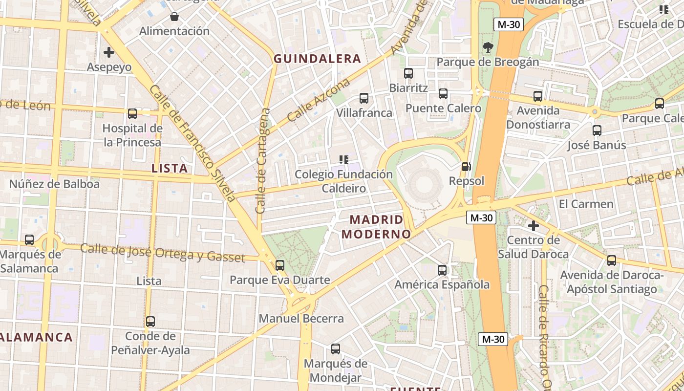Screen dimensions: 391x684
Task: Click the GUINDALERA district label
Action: [x=317, y=59]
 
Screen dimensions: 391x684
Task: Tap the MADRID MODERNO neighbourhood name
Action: [x=376, y=227]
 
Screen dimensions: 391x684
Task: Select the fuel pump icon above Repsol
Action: [x=467, y=167]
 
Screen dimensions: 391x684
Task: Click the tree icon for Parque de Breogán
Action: [x=488, y=47]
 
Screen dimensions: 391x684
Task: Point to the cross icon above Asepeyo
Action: [x=109, y=52]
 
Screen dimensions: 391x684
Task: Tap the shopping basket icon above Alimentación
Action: [x=174, y=17]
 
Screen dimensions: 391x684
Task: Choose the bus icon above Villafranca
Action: [x=364, y=98]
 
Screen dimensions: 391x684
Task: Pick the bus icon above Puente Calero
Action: [x=443, y=94]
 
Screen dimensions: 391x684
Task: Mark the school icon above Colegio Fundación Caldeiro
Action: [x=344, y=159]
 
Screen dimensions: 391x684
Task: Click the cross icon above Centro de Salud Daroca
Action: [x=534, y=226]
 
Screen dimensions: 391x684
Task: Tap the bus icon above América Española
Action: [x=442, y=270]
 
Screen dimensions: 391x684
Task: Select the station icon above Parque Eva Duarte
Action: [x=280, y=265]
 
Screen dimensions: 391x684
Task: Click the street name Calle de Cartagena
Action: [x=263, y=161]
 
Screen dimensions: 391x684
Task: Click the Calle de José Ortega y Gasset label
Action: [x=162, y=253]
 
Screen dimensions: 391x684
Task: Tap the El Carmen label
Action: [x=586, y=204]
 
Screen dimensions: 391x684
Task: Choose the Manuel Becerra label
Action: [x=301, y=319]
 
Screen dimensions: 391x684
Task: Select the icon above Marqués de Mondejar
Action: [x=336, y=349]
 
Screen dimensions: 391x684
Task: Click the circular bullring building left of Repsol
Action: [x=422, y=185]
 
